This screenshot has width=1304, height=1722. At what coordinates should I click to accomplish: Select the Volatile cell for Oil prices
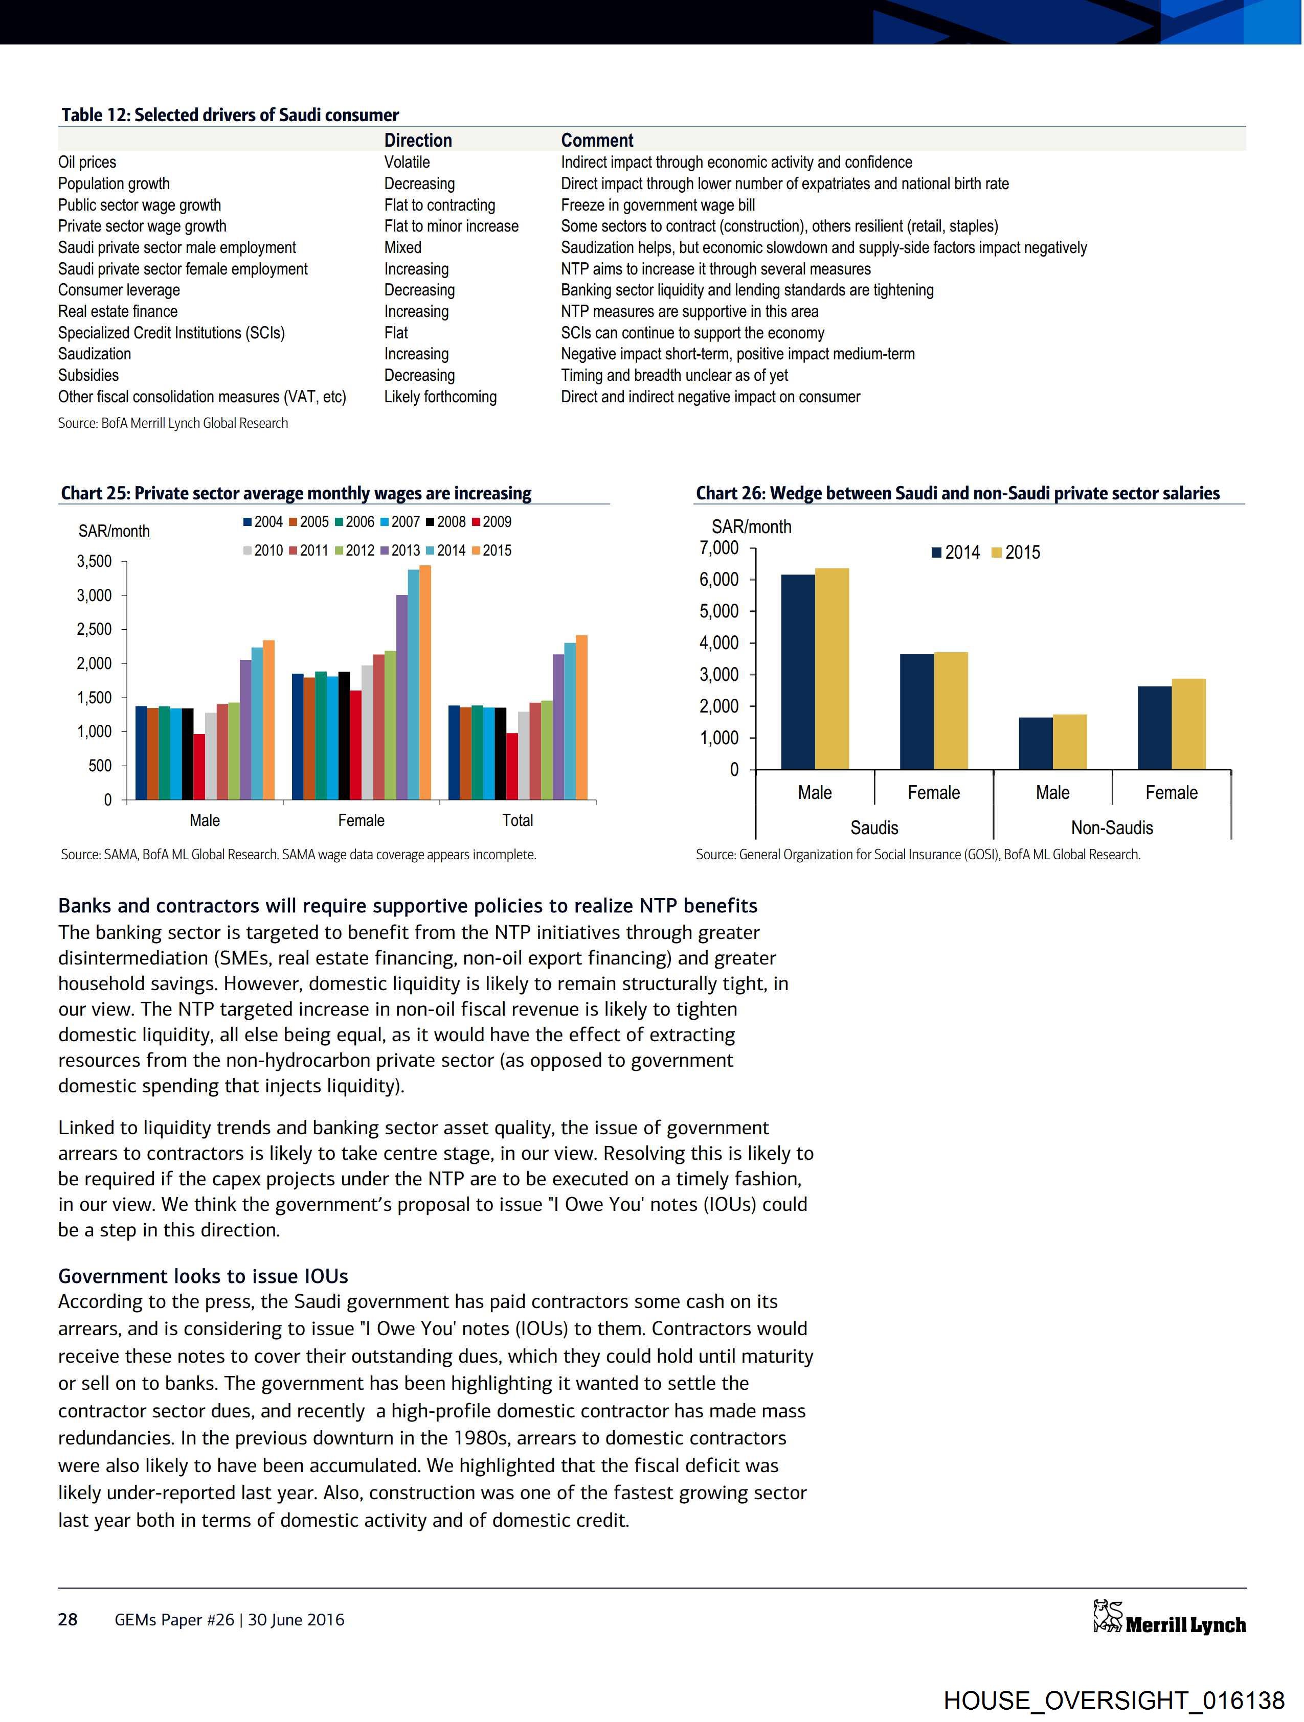point(407,162)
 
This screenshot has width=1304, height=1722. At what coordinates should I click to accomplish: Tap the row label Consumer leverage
point(119,290)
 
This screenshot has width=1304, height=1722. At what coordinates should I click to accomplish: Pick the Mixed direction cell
point(403,247)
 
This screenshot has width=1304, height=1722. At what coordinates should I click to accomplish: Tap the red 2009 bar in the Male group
point(199,766)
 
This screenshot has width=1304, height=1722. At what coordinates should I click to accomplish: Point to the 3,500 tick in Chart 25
point(94,561)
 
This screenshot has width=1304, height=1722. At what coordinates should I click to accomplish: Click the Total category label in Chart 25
point(517,820)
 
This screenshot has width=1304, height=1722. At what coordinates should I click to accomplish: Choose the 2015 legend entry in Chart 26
point(1016,553)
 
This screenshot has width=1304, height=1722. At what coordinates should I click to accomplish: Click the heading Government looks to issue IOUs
point(204,1276)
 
